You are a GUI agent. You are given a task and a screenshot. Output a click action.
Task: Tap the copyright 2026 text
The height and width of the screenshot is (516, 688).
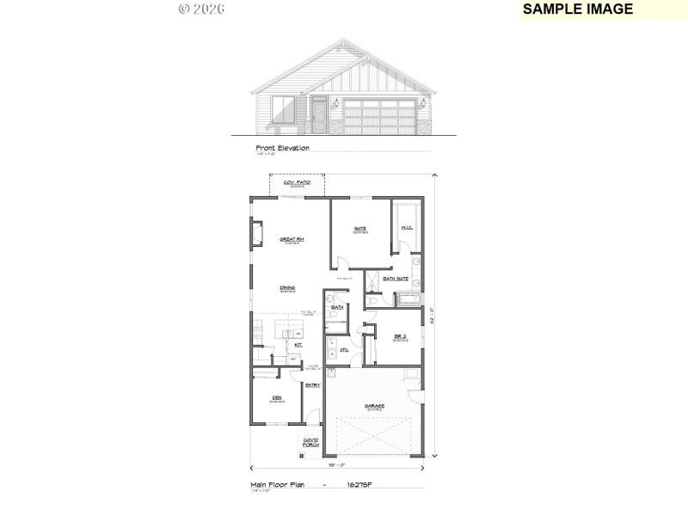point(201,9)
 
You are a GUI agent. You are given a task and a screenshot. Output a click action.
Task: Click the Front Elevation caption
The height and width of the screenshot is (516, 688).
point(282,148)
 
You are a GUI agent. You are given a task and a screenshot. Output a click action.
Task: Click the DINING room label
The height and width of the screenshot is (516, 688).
point(287,287)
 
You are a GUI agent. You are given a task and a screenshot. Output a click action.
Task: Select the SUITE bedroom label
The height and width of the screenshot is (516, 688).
point(360,228)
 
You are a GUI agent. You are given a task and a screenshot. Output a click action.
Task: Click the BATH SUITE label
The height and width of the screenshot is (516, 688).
point(396,278)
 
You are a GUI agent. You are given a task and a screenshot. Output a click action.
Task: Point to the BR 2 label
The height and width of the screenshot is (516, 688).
point(399,336)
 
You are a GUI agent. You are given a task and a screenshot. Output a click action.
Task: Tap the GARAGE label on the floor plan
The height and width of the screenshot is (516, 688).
point(374,405)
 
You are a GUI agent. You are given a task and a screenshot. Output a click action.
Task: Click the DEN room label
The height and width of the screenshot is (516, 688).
point(277,397)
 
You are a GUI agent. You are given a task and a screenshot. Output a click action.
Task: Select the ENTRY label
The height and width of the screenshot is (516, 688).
point(311,385)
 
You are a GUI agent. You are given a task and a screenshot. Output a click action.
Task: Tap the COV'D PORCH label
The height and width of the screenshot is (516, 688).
point(310,442)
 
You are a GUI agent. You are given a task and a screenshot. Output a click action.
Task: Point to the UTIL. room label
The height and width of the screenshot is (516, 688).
point(344,349)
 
